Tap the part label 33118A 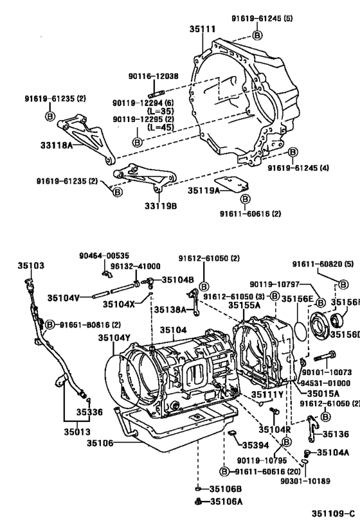(x=75, y=145)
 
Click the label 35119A (x=204, y=191)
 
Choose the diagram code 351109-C (x=333, y=514)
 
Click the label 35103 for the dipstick (x=30, y=265)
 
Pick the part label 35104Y (x=114, y=337)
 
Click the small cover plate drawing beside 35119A (x=231, y=184)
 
